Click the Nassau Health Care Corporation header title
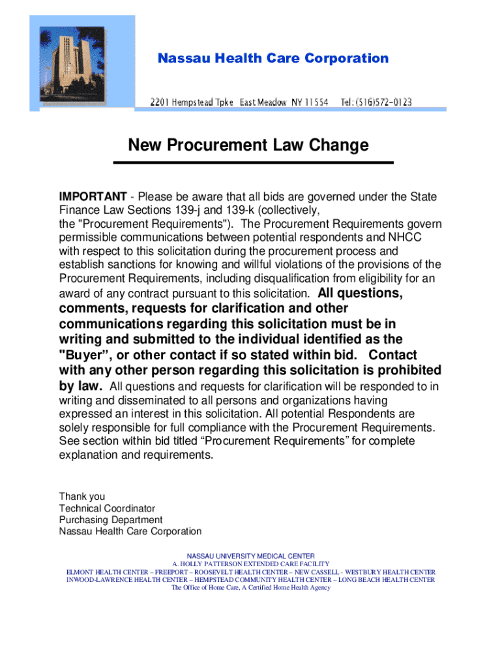pos(273,59)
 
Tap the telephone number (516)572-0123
pos(376,102)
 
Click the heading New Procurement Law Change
pos(248,145)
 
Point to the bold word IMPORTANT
pos(93,197)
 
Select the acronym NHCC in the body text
pos(406,237)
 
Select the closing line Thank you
pos(81,496)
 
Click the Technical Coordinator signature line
pos(107,508)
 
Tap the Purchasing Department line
pos(111,520)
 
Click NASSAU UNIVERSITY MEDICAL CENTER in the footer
pos(250,556)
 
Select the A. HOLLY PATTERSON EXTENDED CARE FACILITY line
pos(250,564)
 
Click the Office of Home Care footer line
pos(250,587)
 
